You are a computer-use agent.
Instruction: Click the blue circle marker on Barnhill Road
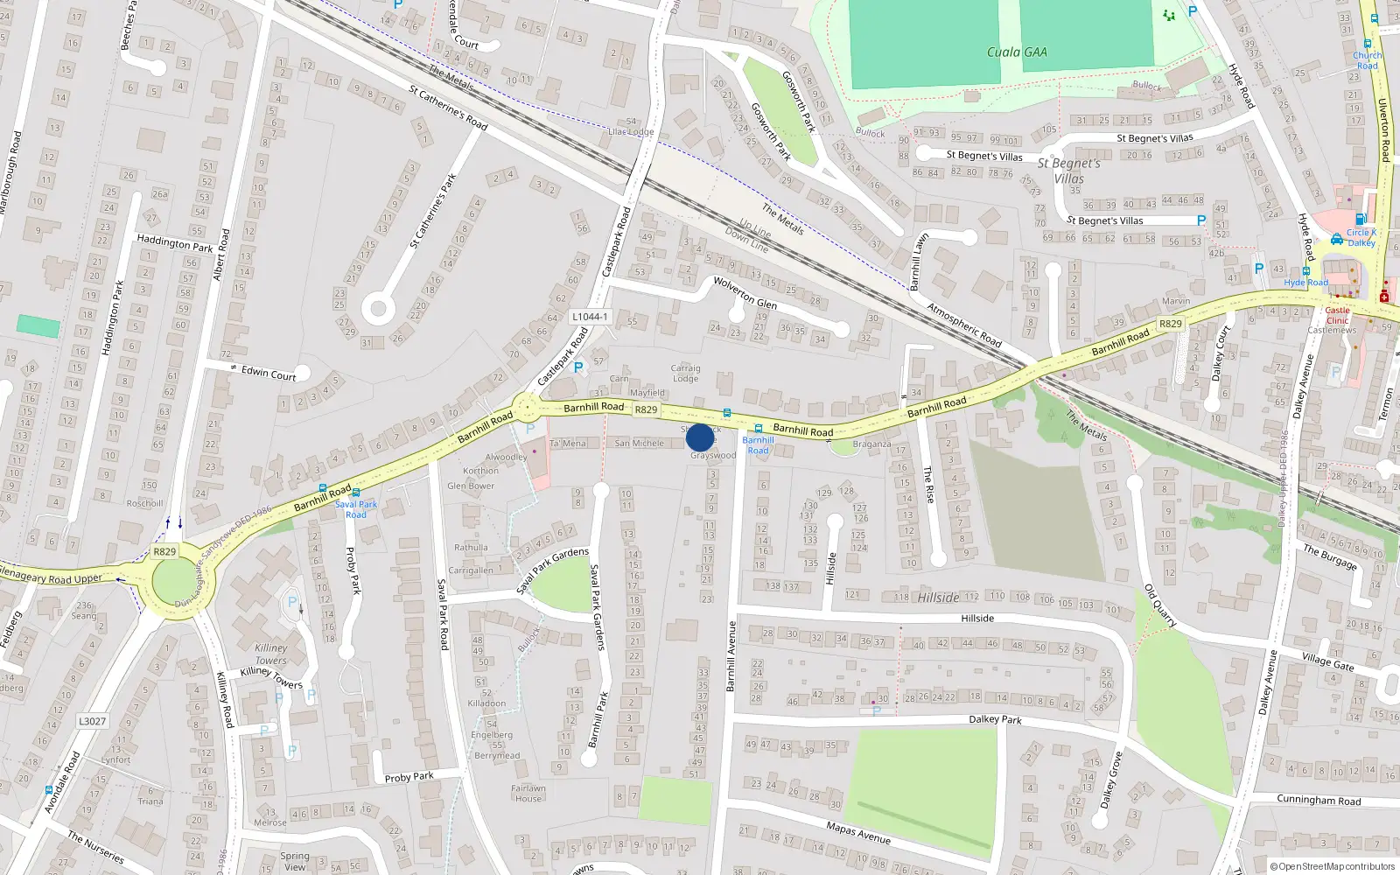tap(700, 437)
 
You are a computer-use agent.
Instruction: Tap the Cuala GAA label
tap(1017, 52)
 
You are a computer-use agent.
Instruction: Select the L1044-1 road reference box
tap(590, 317)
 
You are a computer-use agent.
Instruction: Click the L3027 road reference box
tap(92, 721)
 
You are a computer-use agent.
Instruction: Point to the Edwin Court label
tap(269, 374)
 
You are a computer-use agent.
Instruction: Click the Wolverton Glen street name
tap(745, 292)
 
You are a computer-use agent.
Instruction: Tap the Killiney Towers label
tap(271, 654)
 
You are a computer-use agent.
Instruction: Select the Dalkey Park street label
tap(995, 719)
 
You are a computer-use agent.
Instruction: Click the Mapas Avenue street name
tap(858, 832)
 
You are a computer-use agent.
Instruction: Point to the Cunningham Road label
tap(1319, 800)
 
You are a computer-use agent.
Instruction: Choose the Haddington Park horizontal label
tap(175, 243)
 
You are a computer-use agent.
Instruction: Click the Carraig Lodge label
tap(685, 373)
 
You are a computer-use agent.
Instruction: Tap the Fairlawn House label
tap(528, 793)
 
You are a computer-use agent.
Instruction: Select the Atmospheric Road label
tap(964, 325)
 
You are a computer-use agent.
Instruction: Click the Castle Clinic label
tap(1337, 315)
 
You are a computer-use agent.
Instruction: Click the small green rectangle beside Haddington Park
tap(38, 326)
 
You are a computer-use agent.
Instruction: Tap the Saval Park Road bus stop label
tap(356, 509)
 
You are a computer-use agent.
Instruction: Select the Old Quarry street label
tap(1161, 605)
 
